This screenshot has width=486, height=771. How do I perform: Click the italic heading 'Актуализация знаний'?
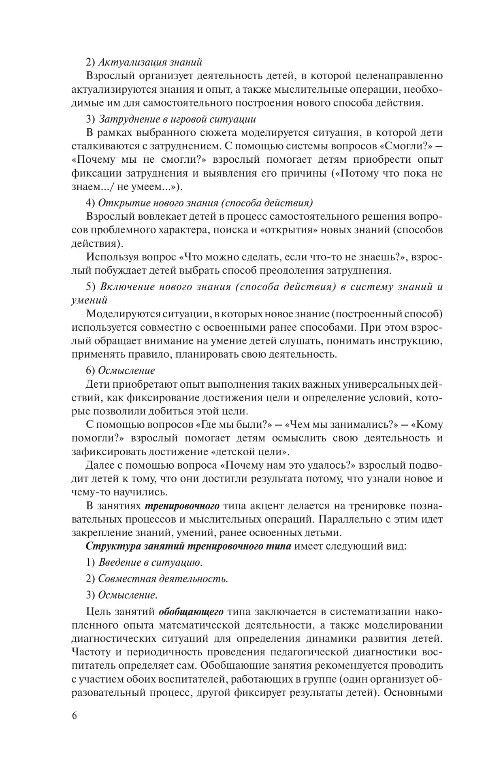click(150, 63)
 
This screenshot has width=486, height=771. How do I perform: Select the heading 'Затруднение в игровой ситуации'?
click(177, 119)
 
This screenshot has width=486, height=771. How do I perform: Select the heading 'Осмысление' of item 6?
click(126, 370)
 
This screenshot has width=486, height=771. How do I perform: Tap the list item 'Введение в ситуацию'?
click(150, 563)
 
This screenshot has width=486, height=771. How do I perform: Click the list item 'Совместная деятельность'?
click(163, 579)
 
